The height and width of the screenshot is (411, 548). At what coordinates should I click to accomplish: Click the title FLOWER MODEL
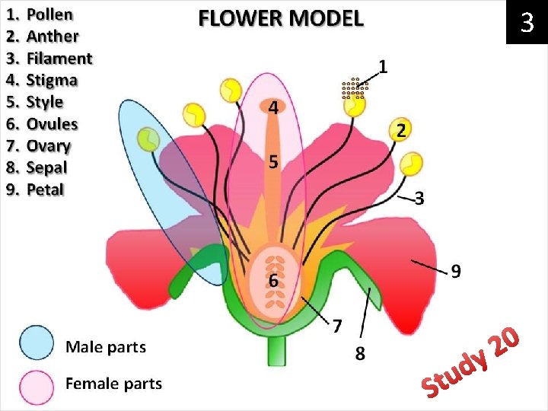(x=281, y=18)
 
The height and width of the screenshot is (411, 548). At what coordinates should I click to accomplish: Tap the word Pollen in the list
(x=49, y=14)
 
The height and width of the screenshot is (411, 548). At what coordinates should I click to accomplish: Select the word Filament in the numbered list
(x=59, y=58)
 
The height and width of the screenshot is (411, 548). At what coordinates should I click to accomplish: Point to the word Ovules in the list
(x=52, y=123)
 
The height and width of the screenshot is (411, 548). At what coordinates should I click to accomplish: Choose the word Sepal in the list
(x=46, y=167)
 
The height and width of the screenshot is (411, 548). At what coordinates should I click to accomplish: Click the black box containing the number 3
(x=527, y=24)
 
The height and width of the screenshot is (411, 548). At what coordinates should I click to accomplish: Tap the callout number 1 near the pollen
(x=384, y=67)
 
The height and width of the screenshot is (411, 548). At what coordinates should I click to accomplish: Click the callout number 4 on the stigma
(x=272, y=108)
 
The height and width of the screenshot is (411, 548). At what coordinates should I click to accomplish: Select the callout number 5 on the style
(x=272, y=161)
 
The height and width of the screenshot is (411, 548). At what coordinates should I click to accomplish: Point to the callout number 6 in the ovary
(x=272, y=280)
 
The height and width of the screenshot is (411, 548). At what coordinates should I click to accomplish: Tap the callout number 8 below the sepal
(x=360, y=352)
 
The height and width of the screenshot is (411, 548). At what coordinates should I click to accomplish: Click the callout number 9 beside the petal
(x=456, y=271)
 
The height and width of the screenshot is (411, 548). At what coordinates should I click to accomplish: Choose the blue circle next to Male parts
(x=37, y=343)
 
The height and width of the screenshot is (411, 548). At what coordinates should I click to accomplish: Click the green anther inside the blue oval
(x=148, y=139)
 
